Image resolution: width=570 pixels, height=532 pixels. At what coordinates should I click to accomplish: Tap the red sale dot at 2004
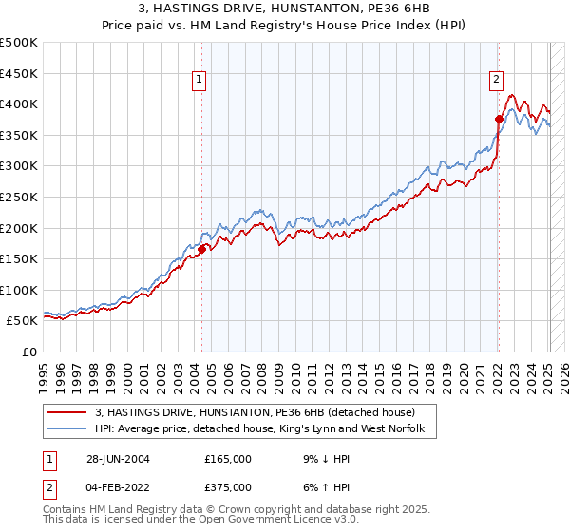[x=202, y=250]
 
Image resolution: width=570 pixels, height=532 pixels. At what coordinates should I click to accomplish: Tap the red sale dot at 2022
[x=498, y=119]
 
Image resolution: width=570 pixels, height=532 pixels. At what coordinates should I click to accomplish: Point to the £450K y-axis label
[x=19, y=73]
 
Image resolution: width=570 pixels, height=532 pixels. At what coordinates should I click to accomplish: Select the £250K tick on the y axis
[x=19, y=197]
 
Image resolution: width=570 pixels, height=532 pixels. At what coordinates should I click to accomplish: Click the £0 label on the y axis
[x=29, y=351]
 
